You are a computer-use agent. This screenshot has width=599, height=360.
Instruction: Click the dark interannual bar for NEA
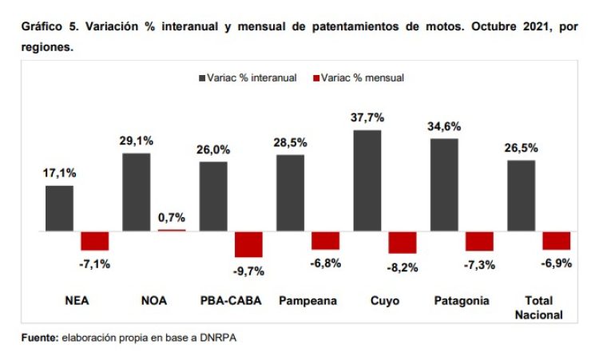tap(59, 208)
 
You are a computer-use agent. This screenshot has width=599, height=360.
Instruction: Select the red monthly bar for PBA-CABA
tap(248, 243)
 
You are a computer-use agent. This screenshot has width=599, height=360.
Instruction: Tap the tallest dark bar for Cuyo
tap(367, 180)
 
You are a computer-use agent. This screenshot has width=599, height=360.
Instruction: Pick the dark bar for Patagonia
tap(445, 184)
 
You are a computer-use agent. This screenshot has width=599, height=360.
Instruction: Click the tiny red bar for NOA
tap(171, 230)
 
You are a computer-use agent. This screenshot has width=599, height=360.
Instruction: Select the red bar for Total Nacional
tap(556, 240)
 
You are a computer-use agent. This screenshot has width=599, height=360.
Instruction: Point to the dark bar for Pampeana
tap(290, 192)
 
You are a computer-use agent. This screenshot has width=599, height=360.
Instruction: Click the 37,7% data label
tap(367, 117)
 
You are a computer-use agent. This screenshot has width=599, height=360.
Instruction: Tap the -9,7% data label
tap(248, 271)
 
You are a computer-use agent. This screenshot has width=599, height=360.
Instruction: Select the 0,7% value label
tap(172, 217)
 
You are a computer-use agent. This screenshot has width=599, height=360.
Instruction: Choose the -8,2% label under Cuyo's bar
tap(403, 268)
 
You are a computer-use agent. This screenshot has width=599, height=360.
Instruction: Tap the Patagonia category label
tap(462, 301)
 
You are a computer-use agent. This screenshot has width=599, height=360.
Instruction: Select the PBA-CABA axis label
tap(229, 301)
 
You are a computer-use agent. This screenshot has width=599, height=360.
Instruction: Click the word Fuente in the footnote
tap(39, 338)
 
